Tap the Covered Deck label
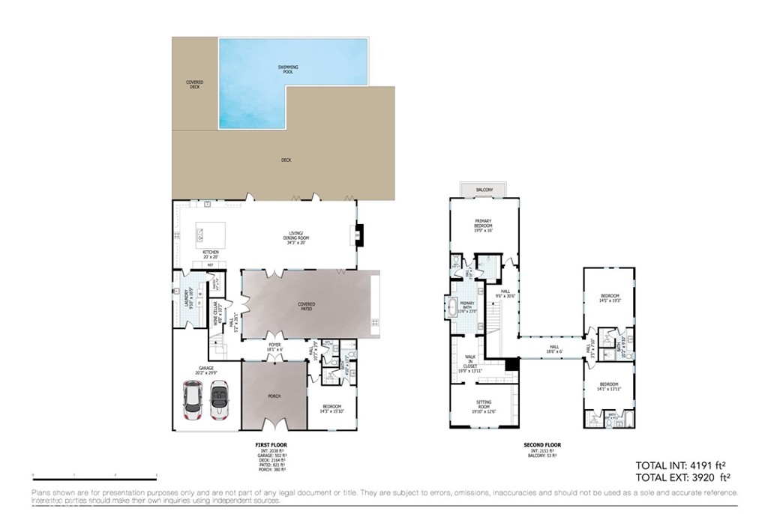[x=194, y=85]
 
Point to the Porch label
[x=274, y=396]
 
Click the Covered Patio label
[x=307, y=306]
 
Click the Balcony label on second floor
[x=484, y=190]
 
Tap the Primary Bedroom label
[x=483, y=224]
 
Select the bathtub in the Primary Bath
[x=452, y=307]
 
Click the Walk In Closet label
[x=470, y=363]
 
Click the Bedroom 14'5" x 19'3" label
[x=608, y=299]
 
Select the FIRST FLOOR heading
[x=271, y=445]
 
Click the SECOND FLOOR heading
[x=541, y=445]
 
